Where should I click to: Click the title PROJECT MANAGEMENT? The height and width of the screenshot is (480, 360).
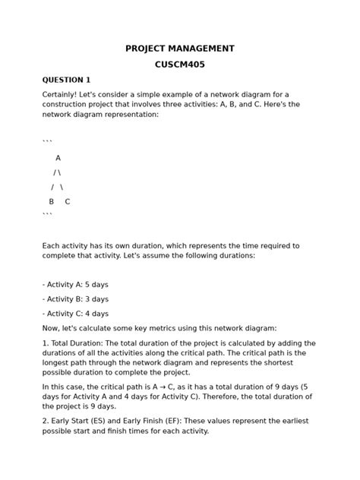[x=180, y=49]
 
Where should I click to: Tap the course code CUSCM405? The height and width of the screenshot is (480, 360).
[x=180, y=65]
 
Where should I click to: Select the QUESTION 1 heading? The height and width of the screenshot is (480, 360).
[x=66, y=80]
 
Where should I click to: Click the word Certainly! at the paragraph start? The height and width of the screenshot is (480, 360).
[x=62, y=94]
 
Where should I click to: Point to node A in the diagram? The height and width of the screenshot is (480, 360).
[x=58, y=158]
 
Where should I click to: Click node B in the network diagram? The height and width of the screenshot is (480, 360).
[x=52, y=201]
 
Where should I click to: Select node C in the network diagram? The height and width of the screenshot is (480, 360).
[x=68, y=201]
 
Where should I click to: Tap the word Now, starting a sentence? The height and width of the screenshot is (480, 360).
[x=52, y=328]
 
